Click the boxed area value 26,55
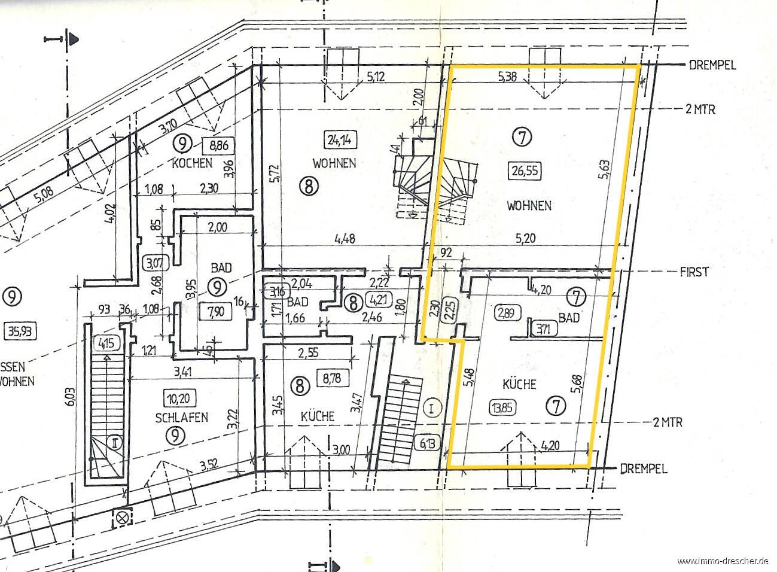525,171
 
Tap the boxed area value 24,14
340,140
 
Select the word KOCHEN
192,163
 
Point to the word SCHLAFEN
181,417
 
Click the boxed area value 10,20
179,398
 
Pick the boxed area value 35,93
20,331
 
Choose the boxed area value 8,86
219,145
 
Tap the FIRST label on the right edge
693,272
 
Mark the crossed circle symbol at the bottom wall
123,519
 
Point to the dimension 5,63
604,169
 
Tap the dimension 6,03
72,397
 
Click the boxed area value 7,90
216,312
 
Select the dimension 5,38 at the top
507,77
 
